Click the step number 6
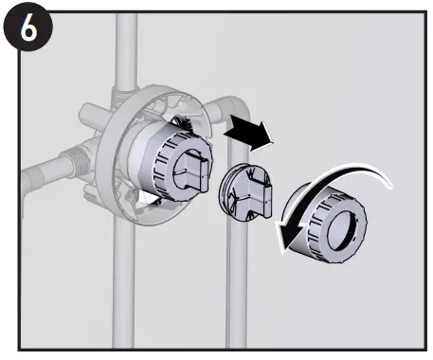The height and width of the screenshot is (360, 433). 28,27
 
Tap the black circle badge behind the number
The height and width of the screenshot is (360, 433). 28,27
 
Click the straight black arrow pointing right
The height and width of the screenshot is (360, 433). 249,134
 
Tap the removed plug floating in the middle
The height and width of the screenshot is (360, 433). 245,192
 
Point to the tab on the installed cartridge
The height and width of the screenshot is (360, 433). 192,171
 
